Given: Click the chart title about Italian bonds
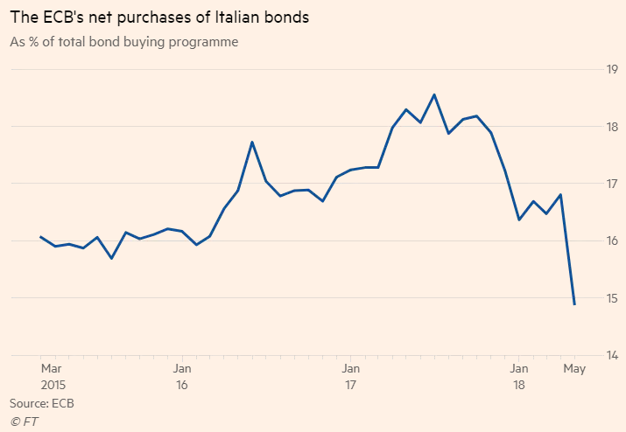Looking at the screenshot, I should click(x=159, y=17).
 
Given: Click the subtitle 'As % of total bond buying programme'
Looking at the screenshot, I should click(x=123, y=41).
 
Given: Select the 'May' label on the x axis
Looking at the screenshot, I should click(x=573, y=368).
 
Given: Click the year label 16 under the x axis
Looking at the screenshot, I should click(x=182, y=385).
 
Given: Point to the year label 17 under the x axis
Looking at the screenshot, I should click(x=350, y=385).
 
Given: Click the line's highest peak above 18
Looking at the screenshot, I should click(x=434, y=94).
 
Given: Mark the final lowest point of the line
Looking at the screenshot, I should click(x=574, y=304).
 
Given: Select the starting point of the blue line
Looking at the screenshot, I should click(x=41, y=236).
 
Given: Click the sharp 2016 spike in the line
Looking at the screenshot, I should click(x=252, y=142).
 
